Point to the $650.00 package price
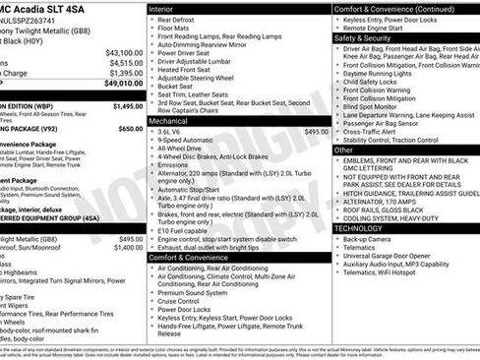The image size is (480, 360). (x=130, y=129)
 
